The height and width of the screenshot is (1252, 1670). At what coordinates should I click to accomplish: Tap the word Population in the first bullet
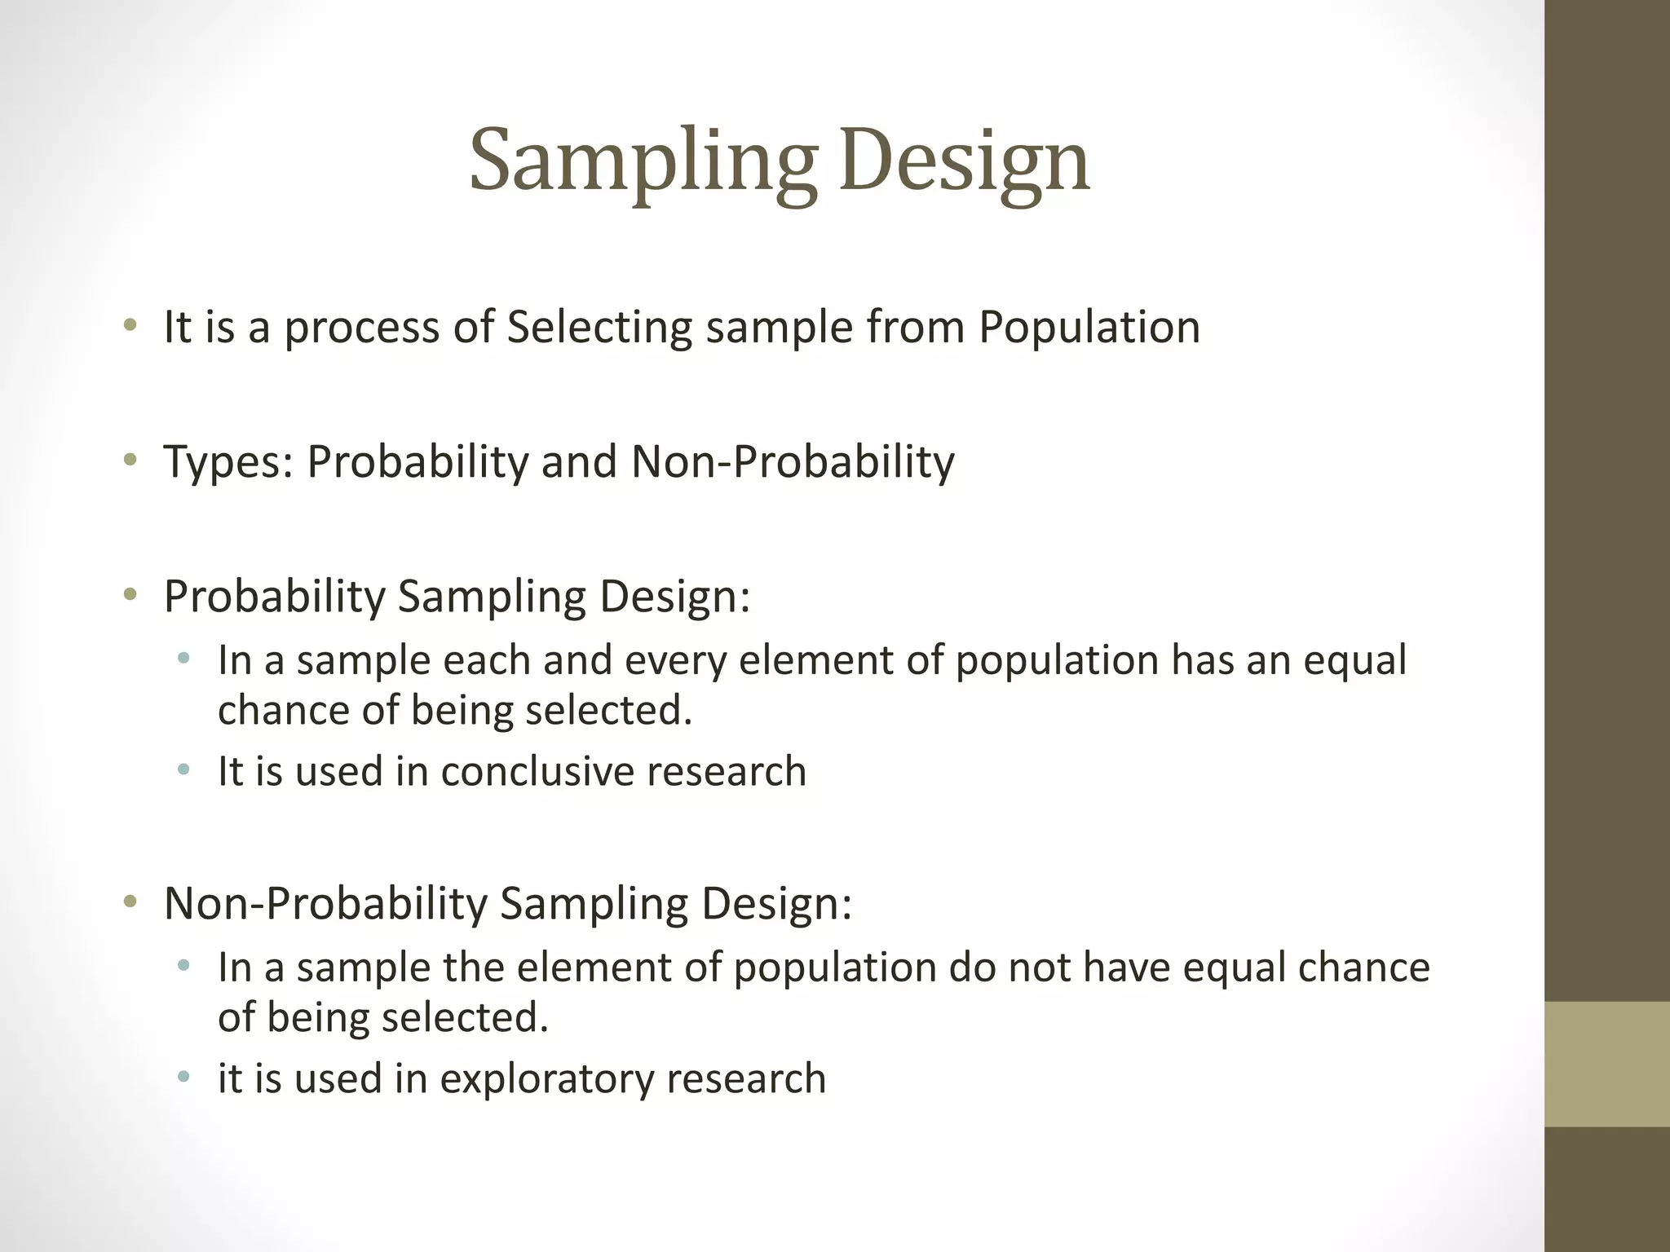(x=1089, y=328)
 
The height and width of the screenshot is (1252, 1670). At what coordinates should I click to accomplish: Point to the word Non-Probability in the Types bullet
(x=792, y=462)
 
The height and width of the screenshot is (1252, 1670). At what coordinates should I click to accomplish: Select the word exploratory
(x=547, y=1078)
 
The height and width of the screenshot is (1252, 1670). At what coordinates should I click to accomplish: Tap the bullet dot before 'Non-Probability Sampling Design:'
(x=130, y=902)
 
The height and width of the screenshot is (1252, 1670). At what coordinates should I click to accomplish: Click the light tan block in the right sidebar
(x=1606, y=1064)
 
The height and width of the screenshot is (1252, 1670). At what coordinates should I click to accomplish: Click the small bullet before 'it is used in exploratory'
(x=183, y=1077)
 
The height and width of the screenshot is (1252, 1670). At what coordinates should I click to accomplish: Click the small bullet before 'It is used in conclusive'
(x=183, y=769)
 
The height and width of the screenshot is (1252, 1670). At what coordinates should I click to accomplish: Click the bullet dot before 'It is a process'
(x=130, y=326)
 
